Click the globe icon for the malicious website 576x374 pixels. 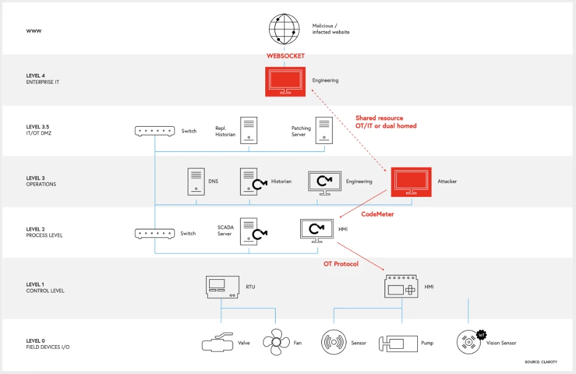[284, 29]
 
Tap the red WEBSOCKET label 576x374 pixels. [285, 56]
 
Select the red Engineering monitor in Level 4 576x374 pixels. [285, 81]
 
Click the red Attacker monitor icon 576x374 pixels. [412, 181]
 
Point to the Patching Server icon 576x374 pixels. [324, 131]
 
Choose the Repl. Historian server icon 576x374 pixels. [248, 130]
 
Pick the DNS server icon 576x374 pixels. [196, 181]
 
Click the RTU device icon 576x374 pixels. [222, 287]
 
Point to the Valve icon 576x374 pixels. [218, 343]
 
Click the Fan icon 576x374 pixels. [275, 343]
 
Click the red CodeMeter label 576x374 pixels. [377, 214]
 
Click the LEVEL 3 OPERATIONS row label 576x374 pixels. [41, 181]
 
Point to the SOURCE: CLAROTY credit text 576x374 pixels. [540, 362]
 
